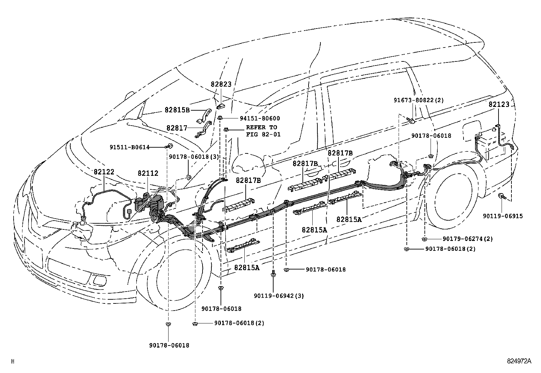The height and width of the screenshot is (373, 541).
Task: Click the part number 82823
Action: pos(221,85)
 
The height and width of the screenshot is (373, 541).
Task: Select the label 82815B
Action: pos(177,110)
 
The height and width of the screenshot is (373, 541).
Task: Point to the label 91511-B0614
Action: pos(129,147)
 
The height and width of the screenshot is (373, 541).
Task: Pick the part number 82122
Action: pos(104,172)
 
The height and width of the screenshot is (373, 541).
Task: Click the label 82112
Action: pos(148,173)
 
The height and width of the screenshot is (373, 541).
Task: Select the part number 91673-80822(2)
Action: pos(419,100)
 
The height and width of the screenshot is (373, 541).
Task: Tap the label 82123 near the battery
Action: pos(499,105)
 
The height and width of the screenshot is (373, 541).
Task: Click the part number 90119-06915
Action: pos(503,216)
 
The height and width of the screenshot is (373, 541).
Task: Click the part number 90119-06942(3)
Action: pos(279,296)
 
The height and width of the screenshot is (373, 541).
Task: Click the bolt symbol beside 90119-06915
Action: pos(502,196)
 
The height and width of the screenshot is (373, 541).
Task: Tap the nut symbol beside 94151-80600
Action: pos(220,118)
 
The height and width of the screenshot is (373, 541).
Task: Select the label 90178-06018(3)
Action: pos(194,157)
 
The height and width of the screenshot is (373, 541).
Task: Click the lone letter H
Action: pos(13,362)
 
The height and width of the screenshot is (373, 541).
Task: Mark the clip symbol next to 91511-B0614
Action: pos(169,147)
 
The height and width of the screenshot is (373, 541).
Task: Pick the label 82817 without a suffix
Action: pos(177,128)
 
